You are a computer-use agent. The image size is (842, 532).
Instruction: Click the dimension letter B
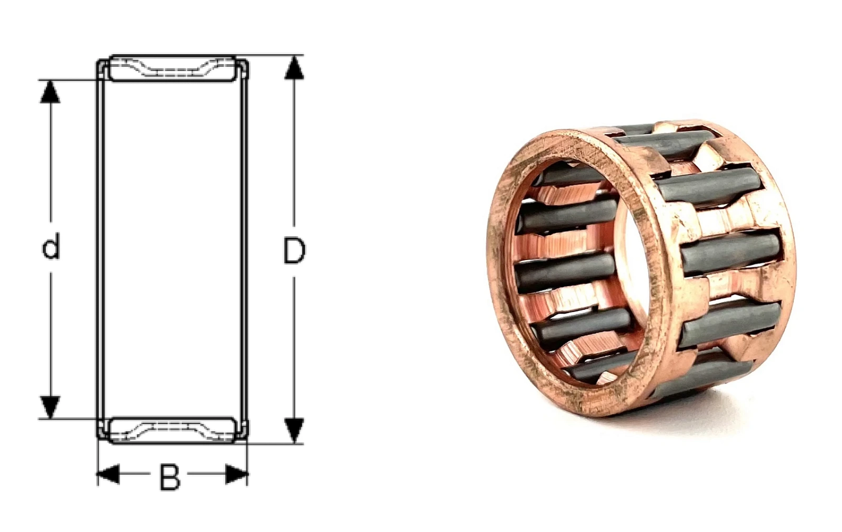click(170, 477)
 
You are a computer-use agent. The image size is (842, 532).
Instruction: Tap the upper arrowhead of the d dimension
click(51, 92)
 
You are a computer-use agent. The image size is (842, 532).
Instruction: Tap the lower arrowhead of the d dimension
click(51, 407)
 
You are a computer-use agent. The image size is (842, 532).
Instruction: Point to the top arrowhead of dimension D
click(294, 68)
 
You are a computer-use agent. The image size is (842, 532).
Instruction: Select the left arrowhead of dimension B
click(108, 474)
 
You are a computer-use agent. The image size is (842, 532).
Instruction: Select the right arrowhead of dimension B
click(236, 474)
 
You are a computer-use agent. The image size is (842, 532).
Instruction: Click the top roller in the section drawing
click(173, 68)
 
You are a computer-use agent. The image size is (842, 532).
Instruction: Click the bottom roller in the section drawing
click(173, 430)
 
